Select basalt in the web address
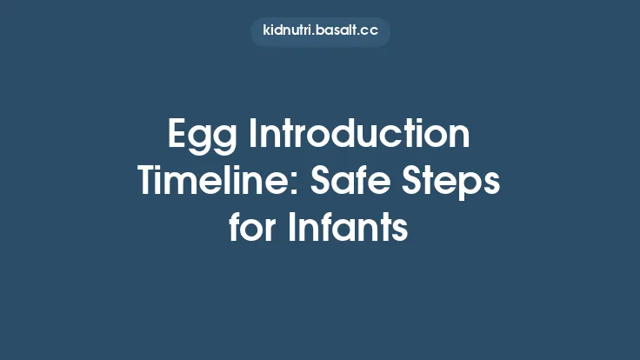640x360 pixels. (x=339, y=31)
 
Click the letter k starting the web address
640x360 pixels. (x=266, y=31)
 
